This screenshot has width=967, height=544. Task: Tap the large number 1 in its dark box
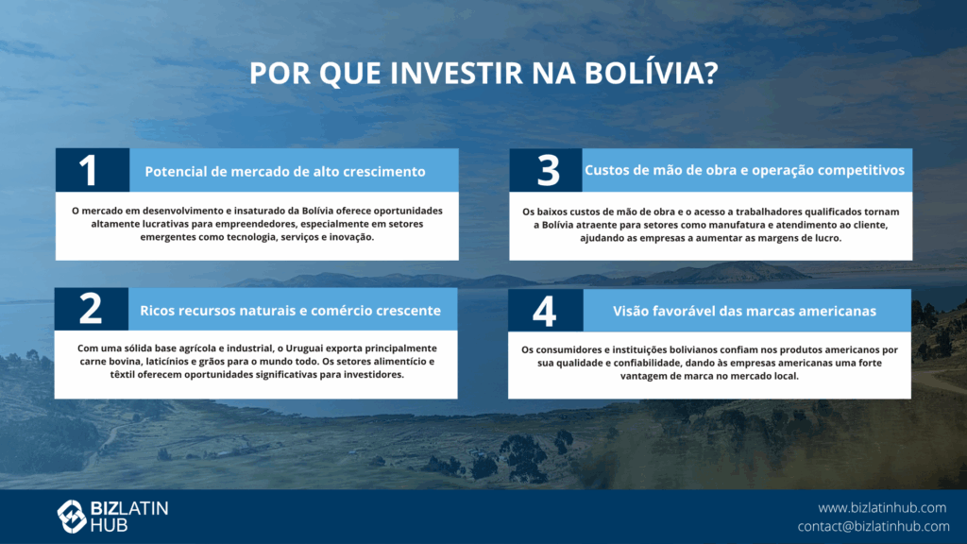click(x=88, y=170)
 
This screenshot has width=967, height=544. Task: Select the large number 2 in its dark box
click(x=91, y=308)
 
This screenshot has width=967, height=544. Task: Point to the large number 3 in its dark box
click(x=549, y=170)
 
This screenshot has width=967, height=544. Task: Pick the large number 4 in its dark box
click(x=545, y=311)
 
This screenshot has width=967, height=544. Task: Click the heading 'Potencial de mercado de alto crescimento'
click(x=285, y=172)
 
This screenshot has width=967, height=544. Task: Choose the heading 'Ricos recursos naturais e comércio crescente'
click(x=291, y=310)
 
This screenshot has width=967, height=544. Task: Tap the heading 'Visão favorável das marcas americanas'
click(x=744, y=311)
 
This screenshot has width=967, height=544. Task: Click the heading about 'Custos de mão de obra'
click(x=744, y=170)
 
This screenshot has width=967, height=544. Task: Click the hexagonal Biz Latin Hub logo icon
click(x=72, y=517)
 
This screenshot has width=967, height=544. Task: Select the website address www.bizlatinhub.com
click(x=882, y=507)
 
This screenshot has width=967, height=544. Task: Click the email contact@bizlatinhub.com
click(x=874, y=526)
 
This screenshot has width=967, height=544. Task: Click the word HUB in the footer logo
click(x=110, y=525)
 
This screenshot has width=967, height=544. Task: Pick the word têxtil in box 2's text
click(x=123, y=374)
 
